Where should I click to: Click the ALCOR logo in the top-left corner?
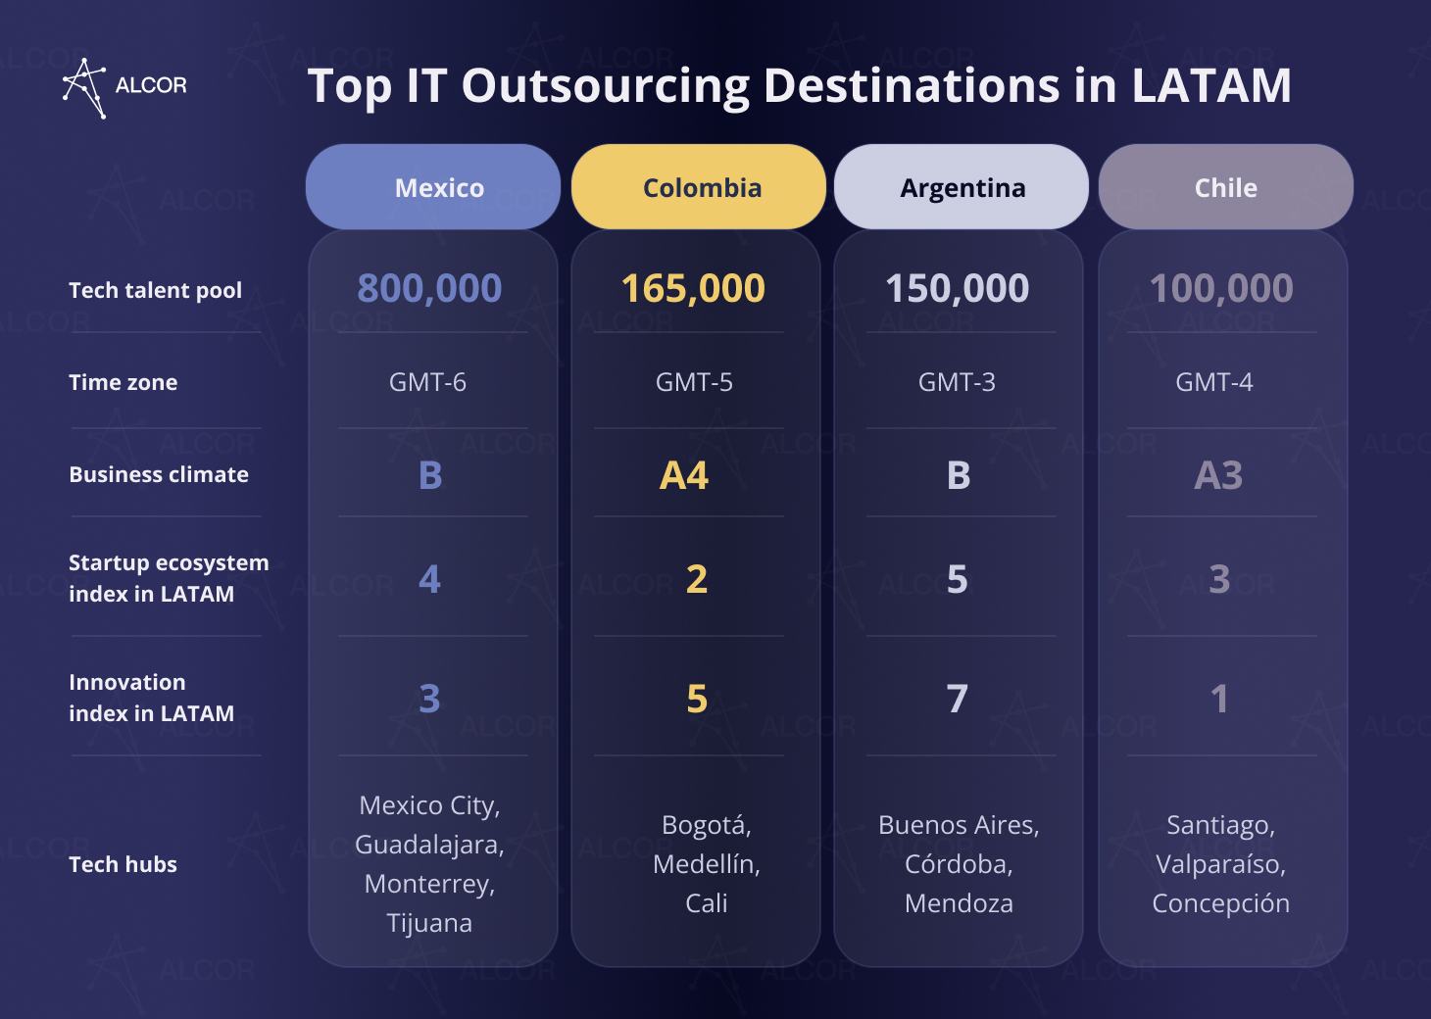pyautogui.click(x=123, y=87)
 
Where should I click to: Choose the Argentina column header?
pyautogui.click(x=962, y=187)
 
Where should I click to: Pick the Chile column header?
pyautogui.click(x=1225, y=187)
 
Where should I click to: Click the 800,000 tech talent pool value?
pyautogui.click(x=429, y=288)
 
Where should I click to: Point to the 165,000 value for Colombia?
pyautogui.click(x=693, y=288)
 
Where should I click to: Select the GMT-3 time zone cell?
pyautogui.click(x=957, y=382)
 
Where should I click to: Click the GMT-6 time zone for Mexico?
pyautogui.click(x=427, y=382)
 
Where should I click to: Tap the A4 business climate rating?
pyautogui.click(x=684, y=475)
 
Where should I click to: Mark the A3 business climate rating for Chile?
pyautogui.click(x=1218, y=475)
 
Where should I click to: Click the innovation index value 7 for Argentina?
pyautogui.click(x=958, y=699)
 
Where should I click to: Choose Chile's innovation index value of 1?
pyautogui.click(x=1219, y=699)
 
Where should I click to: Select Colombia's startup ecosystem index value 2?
pyautogui.click(x=696, y=579)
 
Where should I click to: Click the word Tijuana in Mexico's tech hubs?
pyautogui.click(x=429, y=923)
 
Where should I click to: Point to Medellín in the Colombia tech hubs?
pyautogui.click(x=706, y=864)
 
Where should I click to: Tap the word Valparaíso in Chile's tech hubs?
pyautogui.click(x=1220, y=864)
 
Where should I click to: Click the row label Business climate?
pyautogui.click(x=159, y=474)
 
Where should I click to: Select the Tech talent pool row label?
pyautogui.click(x=155, y=290)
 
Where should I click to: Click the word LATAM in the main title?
pyautogui.click(x=1211, y=85)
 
